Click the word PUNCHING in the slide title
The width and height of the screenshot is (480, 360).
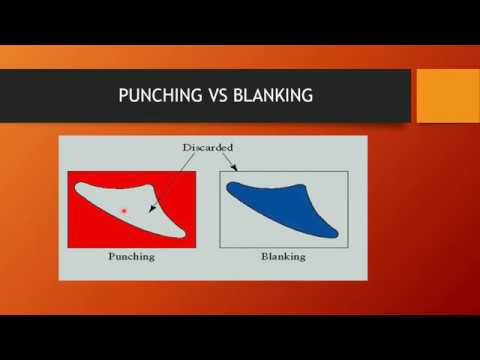coord(153,97)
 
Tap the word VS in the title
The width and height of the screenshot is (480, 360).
coord(211,97)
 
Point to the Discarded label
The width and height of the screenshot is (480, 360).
coord(206,148)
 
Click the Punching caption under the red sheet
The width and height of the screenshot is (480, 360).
coord(131,257)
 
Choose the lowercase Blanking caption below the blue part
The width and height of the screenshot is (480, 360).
coord(283,257)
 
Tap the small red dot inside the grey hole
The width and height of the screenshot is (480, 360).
coord(123,210)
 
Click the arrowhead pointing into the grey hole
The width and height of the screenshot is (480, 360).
coord(151,211)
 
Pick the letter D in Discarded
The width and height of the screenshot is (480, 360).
coord(186,148)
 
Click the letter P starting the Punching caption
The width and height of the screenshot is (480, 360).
coord(112,257)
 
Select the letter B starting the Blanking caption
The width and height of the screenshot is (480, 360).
coord(265,257)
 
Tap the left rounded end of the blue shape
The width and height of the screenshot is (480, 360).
coord(233,187)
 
